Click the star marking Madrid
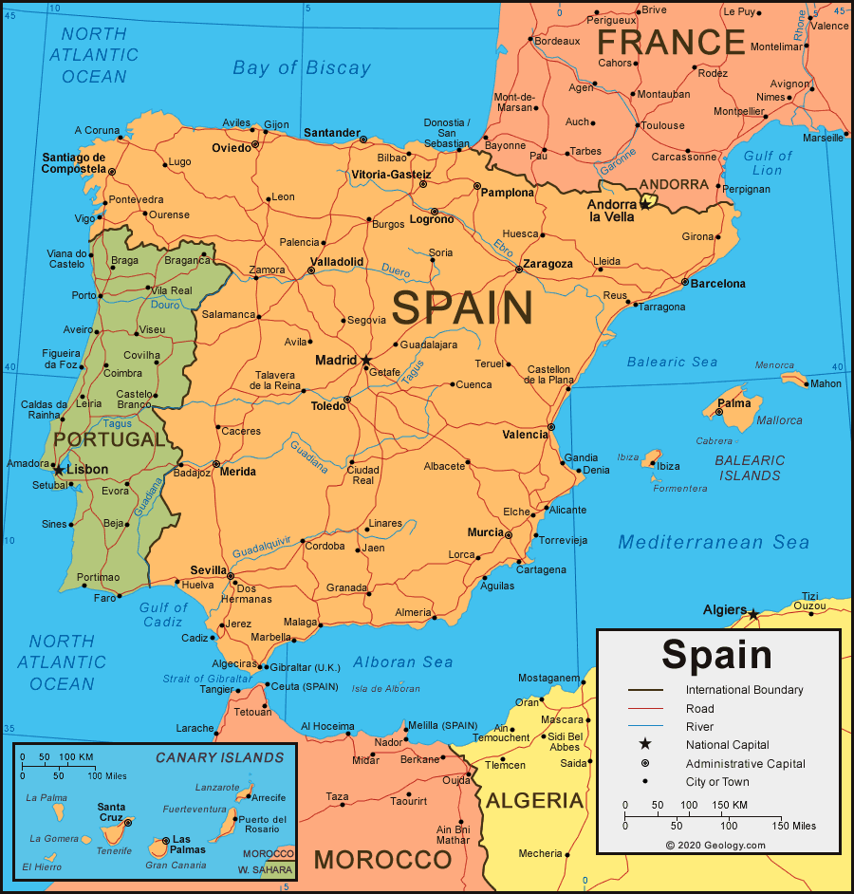366,361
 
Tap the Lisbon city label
86,469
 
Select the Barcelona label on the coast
717,284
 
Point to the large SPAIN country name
463,309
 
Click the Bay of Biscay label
302,67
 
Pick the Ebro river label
503,248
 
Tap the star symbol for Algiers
752,614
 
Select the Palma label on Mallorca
734,403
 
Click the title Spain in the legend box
716,655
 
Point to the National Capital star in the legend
645,744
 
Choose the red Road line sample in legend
645,708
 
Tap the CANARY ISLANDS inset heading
219,757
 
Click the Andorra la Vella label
612,211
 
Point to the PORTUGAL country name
109,439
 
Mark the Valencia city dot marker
551,427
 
